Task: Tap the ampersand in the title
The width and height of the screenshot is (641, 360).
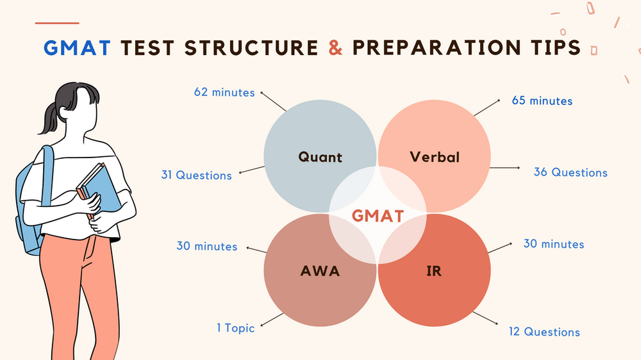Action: click(x=335, y=48)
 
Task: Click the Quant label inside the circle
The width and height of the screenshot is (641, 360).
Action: click(x=320, y=157)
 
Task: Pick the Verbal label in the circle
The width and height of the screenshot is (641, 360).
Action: click(x=435, y=157)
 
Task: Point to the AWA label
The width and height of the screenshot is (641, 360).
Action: click(x=320, y=271)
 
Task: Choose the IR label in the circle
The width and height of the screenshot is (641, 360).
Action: click(x=434, y=271)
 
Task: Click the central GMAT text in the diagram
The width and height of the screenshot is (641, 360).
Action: click(x=378, y=216)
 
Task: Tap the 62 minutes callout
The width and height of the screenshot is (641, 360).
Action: click(x=224, y=92)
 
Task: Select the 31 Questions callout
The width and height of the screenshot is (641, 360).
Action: click(x=196, y=175)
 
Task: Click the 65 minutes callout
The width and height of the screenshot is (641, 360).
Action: click(x=542, y=101)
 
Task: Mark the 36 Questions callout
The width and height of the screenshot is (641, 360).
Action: click(x=570, y=172)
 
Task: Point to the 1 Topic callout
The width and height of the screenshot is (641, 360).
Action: click(x=235, y=328)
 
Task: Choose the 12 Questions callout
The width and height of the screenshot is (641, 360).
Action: click(x=544, y=331)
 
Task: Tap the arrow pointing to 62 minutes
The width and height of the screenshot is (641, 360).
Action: click(x=273, y=102)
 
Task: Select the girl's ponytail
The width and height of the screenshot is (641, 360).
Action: click(x=50, y=119)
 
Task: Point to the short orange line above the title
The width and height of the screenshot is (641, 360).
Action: click(x=57, y=23)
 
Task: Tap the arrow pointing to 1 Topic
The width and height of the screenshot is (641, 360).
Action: click(x=272, y=320)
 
